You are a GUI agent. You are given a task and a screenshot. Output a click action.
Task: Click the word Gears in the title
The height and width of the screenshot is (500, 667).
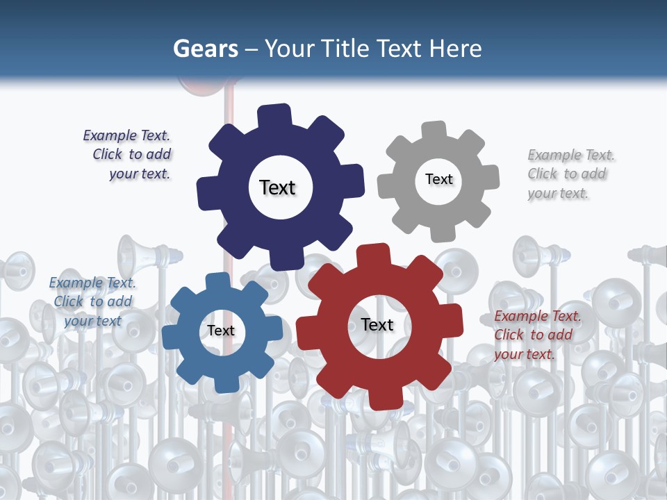click(x=204, y=49)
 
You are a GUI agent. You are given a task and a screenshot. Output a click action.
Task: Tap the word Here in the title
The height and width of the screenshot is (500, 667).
click(x=455, y=49)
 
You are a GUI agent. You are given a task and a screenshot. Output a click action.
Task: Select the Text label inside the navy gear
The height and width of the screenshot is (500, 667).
click(x=277, y=187)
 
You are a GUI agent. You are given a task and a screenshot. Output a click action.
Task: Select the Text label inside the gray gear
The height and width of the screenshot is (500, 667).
click(x=438, y=179)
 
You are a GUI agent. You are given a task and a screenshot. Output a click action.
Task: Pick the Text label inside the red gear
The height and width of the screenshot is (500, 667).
click(x=377, y=325)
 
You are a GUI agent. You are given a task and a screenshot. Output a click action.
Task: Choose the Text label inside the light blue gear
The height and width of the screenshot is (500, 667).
click(x=220, y=331)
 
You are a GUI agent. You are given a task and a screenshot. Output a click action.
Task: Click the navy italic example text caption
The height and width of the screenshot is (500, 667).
click(x=128, y=155)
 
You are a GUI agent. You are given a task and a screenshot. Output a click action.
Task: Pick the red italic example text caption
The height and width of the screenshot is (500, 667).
click(x=536, y=335)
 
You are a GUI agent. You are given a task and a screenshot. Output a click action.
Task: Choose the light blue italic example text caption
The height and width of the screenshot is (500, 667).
click(x=92, y=301)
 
